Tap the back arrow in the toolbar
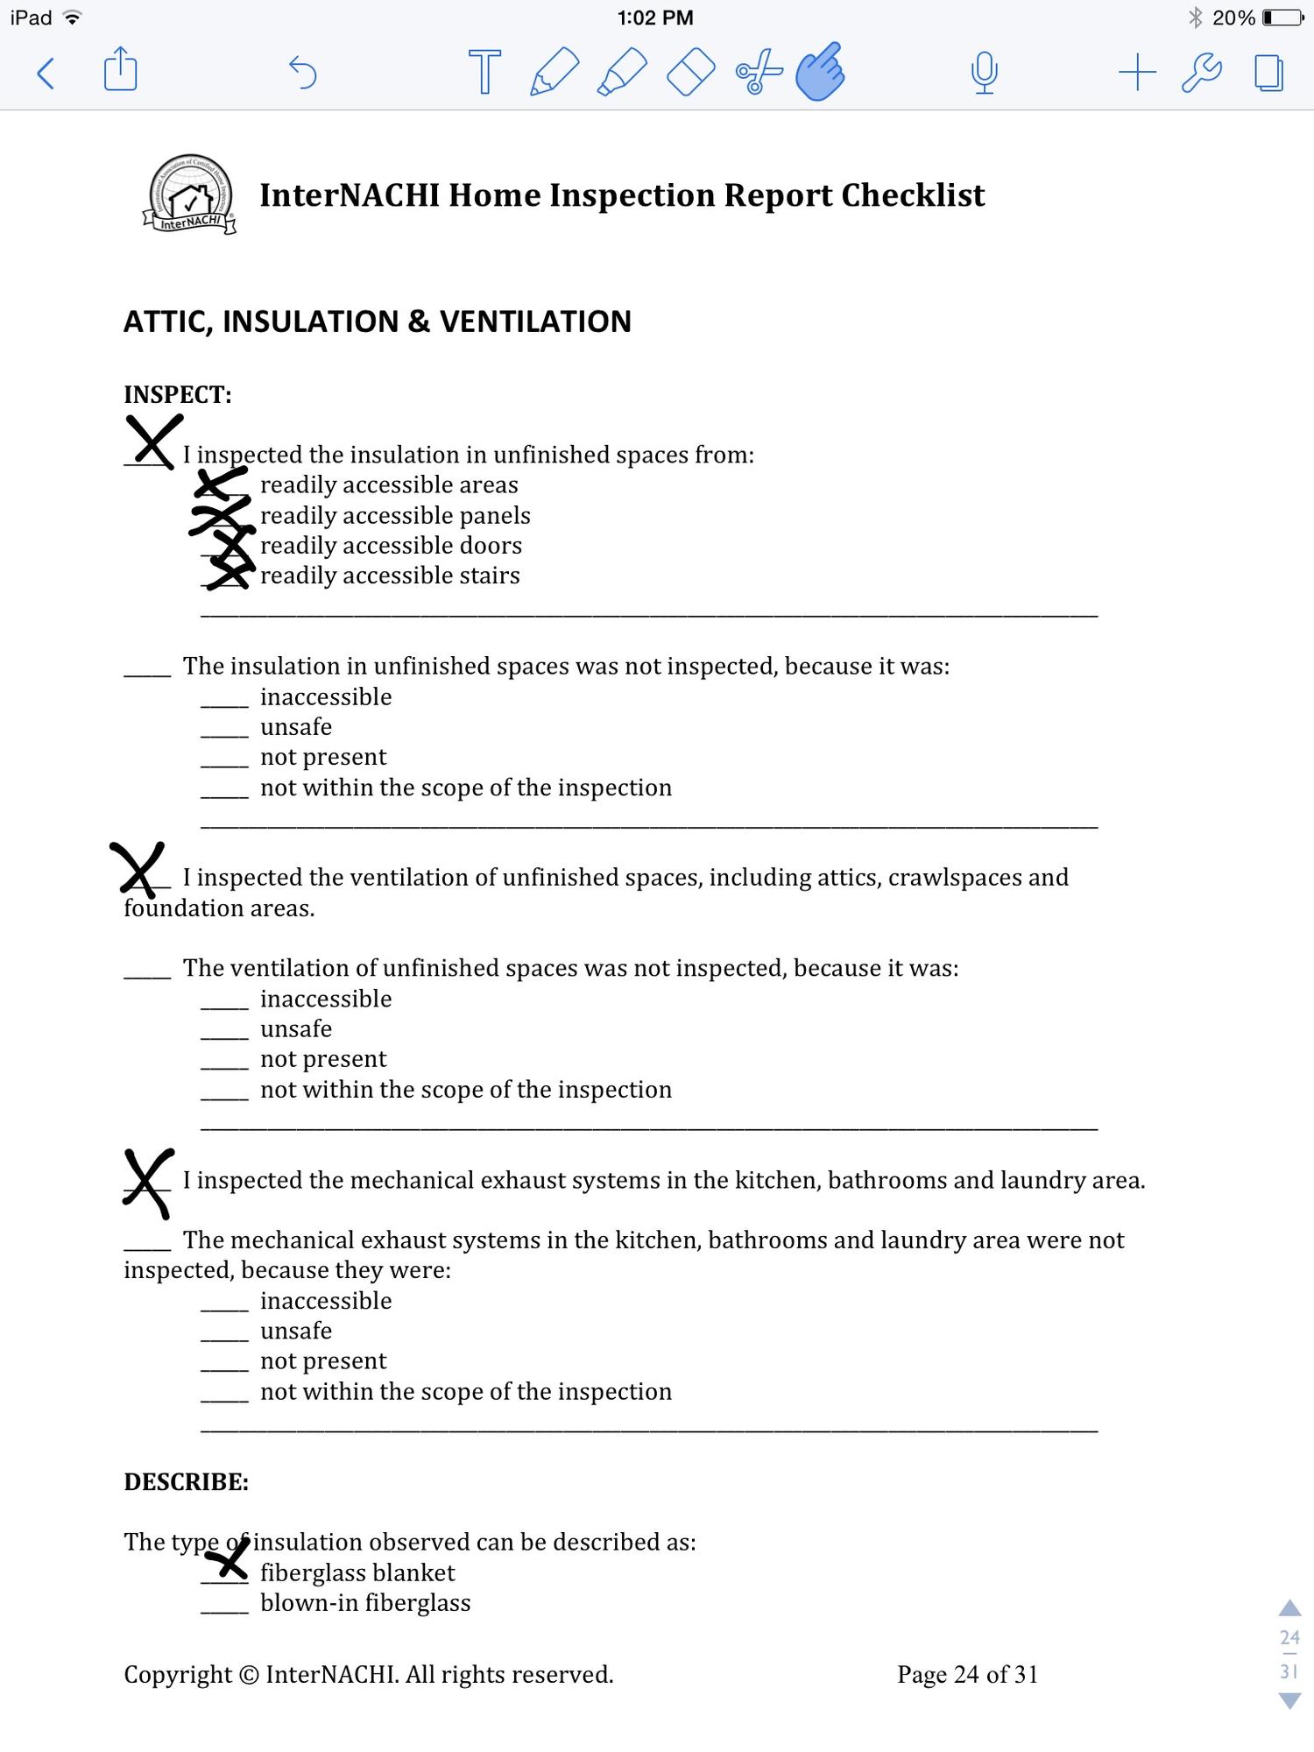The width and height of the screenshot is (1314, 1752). pyautogui.click(x=46, y=73)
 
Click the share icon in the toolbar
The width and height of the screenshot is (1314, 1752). pyautogui.click(x=120, y=70)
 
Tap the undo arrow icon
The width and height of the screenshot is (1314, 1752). pyautogui.click(x=303, y=72)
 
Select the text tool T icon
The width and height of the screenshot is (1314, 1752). pyautogui.click(x=484, y=71)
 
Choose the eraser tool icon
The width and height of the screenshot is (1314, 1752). pyautogui.click(x=690, y=72)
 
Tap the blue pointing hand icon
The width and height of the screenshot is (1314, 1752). pyautogui.click(x=820, y=71)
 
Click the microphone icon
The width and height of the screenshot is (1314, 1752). pyautogui.click(x=984, y=72)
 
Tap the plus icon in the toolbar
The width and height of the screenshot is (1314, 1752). pyautogui.click(x=1137, y=72)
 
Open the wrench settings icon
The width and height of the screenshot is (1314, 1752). pyautogui.click(x=1202, y=72)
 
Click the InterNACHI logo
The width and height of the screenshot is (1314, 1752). pyautogui.click(x=190, y=195)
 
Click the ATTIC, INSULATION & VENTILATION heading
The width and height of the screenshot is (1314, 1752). pyautogui.click(x=377, y=321)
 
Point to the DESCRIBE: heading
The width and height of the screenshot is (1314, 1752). pyautogui.click(x=186, y=1481)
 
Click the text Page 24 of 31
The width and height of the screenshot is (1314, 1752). pyautogui.click(x=967, y=1674)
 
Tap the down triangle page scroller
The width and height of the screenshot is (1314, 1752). pyautogui.click(x=1289, y=1701)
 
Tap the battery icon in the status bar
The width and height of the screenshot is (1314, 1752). pyautogui.click(x=1282, y=18)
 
